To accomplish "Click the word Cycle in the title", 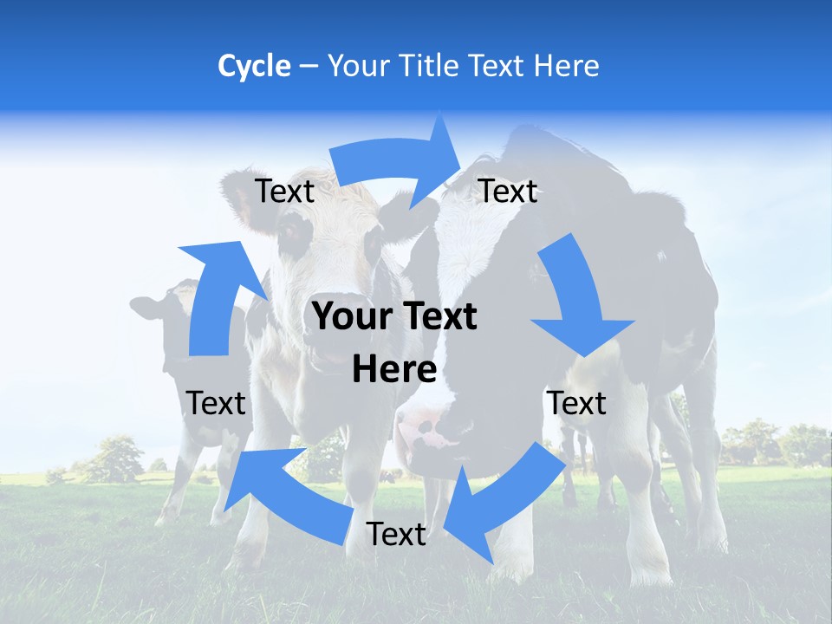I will [254, 66].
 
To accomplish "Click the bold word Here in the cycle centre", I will [394, 369].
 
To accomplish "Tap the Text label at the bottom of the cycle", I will [396, 535].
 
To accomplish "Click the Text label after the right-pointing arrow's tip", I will [508, 191].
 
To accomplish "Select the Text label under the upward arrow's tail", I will [216, 403].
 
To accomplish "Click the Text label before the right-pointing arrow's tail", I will [285, 191].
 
